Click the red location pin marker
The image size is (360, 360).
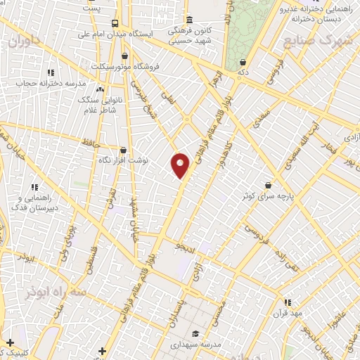(x=181, y=165)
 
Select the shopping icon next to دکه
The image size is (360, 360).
(x=243, y=61)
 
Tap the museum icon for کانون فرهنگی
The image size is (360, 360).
(x=190, y=19)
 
